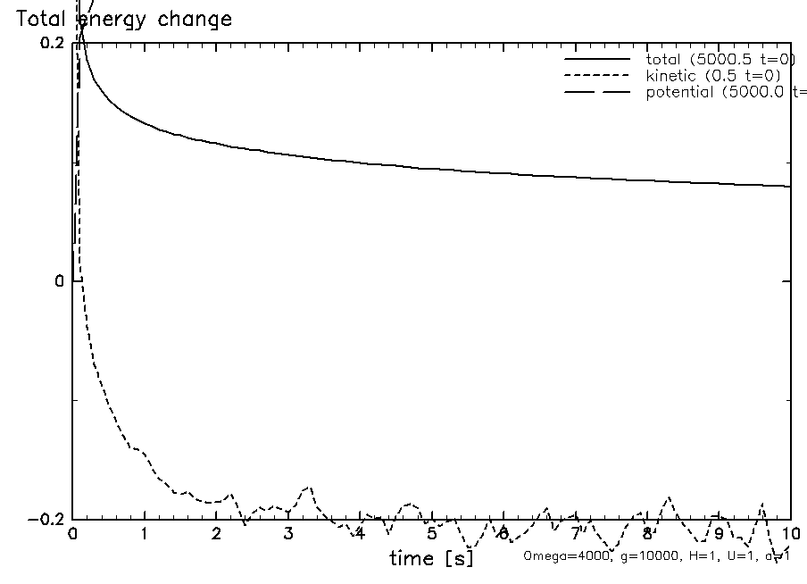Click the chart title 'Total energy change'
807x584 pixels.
[124, 19]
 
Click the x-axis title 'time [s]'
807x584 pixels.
[431, 559]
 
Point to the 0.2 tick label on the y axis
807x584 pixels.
[50, 44]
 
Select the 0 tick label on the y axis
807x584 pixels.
[60, 282]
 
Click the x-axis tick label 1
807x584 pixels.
[145, 534]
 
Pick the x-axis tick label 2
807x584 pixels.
[216, 534]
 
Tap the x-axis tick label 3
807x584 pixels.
[288, 534]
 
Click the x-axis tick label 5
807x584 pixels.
[431, 534]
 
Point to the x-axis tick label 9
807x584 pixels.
[719, 534]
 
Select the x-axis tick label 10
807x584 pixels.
[789, 534]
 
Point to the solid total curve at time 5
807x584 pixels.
[431, 168]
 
